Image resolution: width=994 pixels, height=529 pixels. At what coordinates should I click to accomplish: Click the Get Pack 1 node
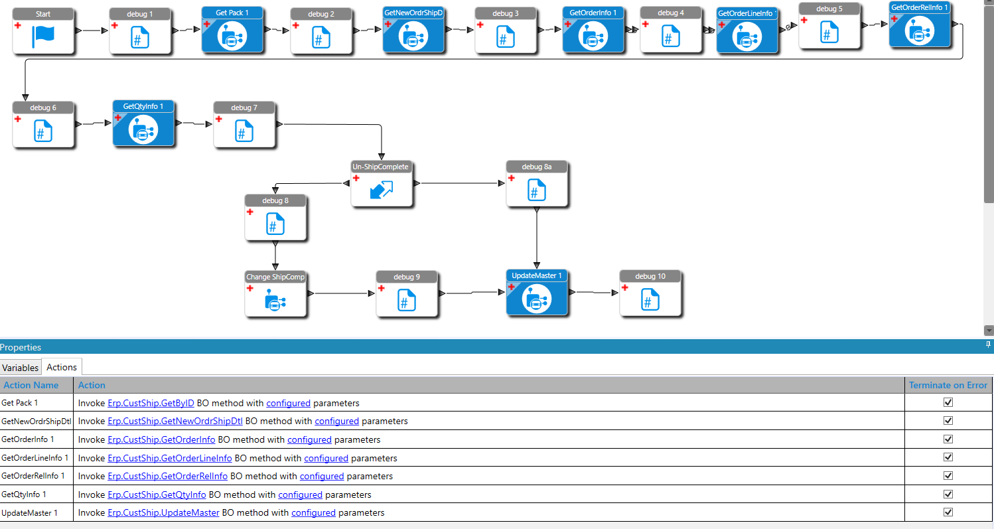click(x=233, y=35)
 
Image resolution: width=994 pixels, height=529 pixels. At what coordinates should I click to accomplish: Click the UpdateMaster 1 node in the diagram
click(x=536, y=298)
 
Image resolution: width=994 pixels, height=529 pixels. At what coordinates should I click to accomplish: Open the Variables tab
click(x=21, y=368)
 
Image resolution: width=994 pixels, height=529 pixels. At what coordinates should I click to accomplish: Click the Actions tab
click(x=62, y=367)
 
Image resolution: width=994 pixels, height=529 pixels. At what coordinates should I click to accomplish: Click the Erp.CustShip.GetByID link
click(x=151, y=403)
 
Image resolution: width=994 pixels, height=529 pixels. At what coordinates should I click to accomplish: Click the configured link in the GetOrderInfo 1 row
click(x=309, y=439)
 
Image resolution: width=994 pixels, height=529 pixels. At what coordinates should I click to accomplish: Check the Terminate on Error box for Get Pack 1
click(x=948, y=403)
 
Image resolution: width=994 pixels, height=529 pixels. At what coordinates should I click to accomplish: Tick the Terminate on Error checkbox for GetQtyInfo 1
click(x=948, y=494)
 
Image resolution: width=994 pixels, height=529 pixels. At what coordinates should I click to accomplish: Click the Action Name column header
click(x=31, y=385)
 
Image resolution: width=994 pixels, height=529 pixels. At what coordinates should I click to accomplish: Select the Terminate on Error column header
click(x=948, y=385)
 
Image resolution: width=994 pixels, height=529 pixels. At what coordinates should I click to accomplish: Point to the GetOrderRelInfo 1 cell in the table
click(x=33, y=476)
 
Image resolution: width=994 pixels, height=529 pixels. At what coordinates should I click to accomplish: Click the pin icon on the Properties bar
click(x=988, y=344)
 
